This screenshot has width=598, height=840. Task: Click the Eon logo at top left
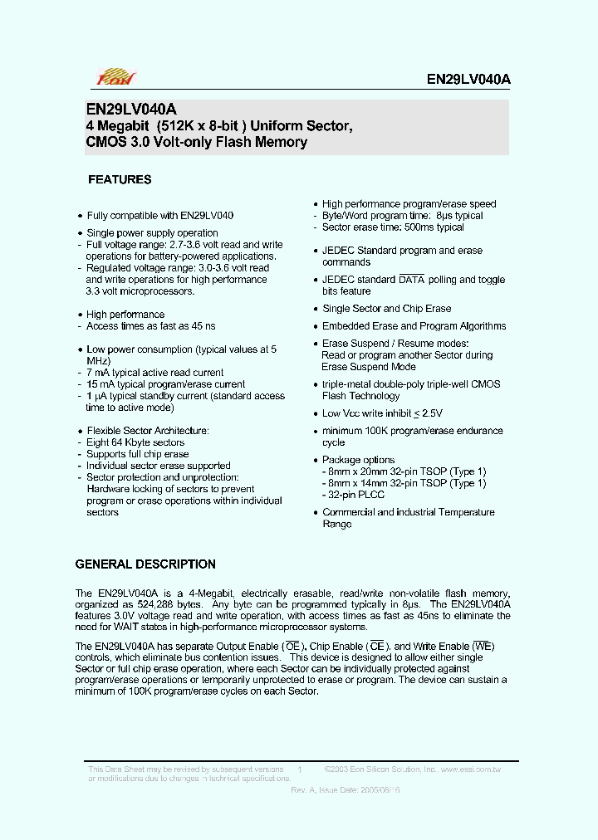[x=115, y=79]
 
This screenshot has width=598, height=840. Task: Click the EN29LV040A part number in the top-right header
[x=468, y=80]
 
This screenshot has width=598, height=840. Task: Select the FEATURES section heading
[x=120, y=179]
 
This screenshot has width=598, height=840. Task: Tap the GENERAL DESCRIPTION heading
[x=145, y=564]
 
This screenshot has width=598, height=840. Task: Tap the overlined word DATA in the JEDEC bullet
[x=411, y=280]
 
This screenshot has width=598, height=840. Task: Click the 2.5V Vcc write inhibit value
[x=430, y=413]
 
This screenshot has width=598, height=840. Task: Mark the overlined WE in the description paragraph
[x=484, y=646]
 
